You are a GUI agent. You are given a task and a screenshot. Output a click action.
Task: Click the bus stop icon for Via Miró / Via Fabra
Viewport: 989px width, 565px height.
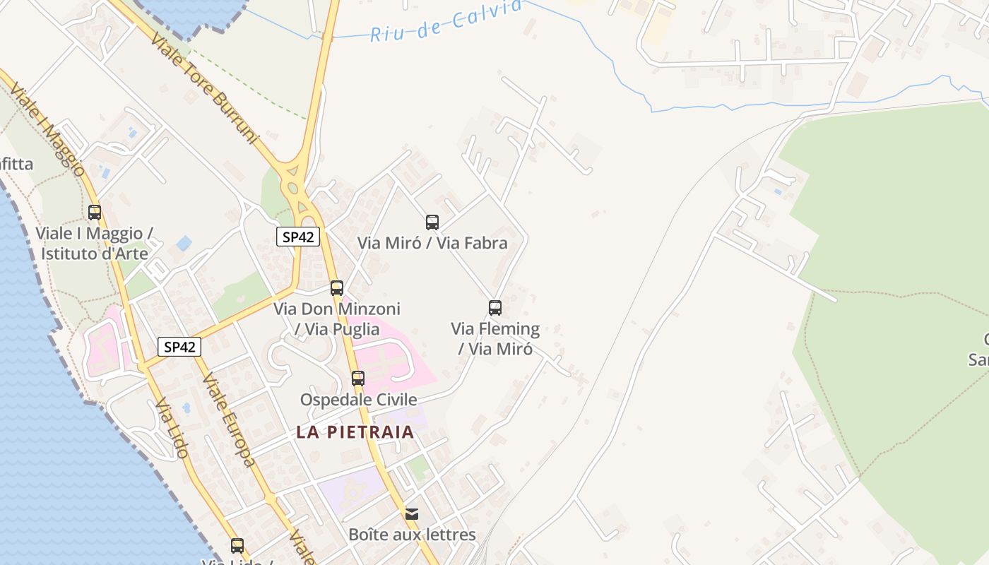pos(432,222)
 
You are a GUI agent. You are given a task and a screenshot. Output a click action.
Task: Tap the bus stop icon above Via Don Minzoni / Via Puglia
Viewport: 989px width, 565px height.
pos(337,288)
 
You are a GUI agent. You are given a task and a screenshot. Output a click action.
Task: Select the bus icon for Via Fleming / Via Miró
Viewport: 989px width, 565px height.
pos(495,308)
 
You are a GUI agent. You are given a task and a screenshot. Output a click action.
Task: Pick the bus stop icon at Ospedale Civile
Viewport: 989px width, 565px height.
pos(358,379)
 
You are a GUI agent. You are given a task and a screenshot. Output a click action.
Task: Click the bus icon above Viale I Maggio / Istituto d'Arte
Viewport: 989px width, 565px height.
pos(95,213)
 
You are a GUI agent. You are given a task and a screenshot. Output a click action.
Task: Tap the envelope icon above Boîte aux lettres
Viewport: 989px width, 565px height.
pos(412,513)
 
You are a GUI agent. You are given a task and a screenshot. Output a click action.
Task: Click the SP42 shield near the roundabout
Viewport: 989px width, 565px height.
pos(298,237)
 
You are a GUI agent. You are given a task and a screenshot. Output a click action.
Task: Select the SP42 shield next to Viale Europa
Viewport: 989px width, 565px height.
pos(179,347)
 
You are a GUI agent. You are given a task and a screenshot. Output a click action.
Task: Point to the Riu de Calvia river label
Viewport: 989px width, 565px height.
pos(446,21)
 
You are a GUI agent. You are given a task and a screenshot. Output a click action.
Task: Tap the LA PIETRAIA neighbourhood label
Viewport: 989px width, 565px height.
pos(355,432)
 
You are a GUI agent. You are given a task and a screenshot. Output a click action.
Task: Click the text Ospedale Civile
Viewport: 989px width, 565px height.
pos(358,400)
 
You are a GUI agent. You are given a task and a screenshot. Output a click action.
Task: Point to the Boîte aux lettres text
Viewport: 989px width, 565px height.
pos(412,535)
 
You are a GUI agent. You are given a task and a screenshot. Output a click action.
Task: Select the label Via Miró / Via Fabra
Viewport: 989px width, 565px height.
pos(432,243)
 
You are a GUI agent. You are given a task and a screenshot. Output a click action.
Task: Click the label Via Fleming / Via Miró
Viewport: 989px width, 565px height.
pos(495,338)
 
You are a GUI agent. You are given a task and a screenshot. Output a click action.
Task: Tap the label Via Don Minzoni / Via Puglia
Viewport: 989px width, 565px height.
pos(337,319)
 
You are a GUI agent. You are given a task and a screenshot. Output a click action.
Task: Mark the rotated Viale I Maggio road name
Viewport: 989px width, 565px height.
pos(48,131)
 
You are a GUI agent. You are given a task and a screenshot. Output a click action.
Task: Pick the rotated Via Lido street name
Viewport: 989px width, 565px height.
pos(172,428)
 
